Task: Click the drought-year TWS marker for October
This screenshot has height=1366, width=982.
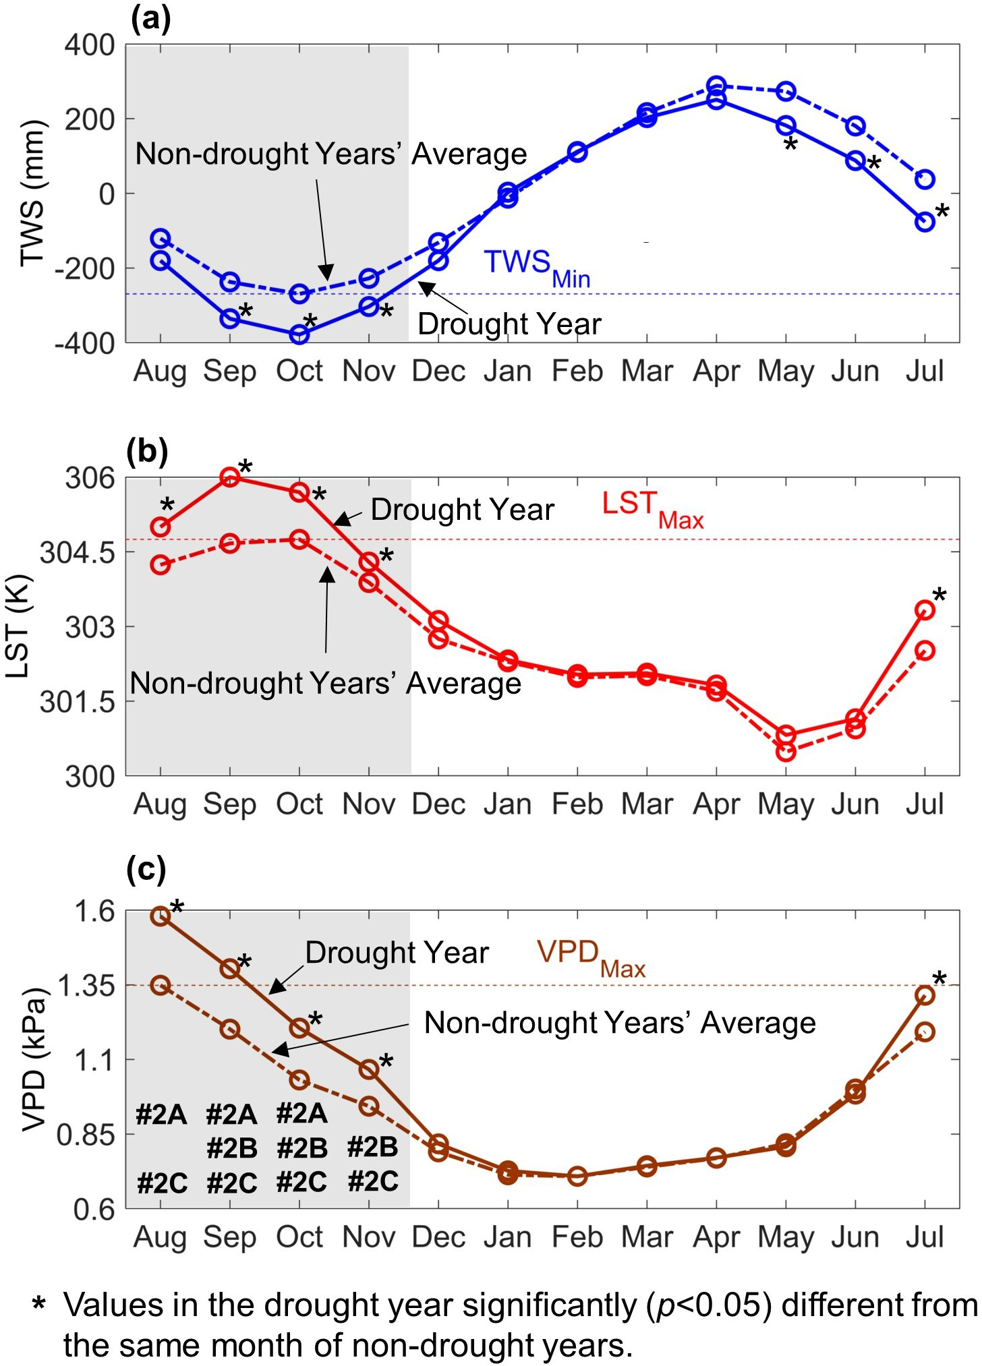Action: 299,334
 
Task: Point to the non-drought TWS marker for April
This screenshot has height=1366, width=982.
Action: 716,86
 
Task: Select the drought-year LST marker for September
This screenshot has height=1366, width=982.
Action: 230,477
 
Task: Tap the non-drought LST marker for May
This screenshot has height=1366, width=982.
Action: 786,752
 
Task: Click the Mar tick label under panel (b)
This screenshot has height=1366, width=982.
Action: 647,804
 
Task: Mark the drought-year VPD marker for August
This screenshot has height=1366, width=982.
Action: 161,916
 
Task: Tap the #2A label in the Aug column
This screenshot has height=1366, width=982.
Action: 162,1115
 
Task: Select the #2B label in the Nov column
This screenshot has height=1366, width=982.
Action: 373,1148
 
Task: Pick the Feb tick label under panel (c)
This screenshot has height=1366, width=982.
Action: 577,1237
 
